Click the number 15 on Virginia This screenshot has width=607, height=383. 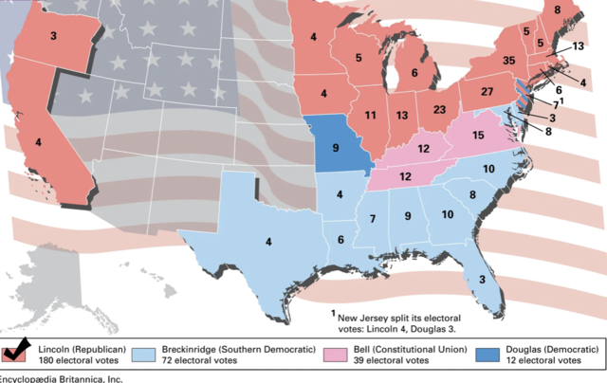click(x=479, y=137)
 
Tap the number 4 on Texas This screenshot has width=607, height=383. click(x=268, y=242)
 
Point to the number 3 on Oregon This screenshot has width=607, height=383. click(x=53, y=36)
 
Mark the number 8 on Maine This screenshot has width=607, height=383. click(x=557, y=10)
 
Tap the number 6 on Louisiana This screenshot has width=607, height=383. click(x=340, y=240)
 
